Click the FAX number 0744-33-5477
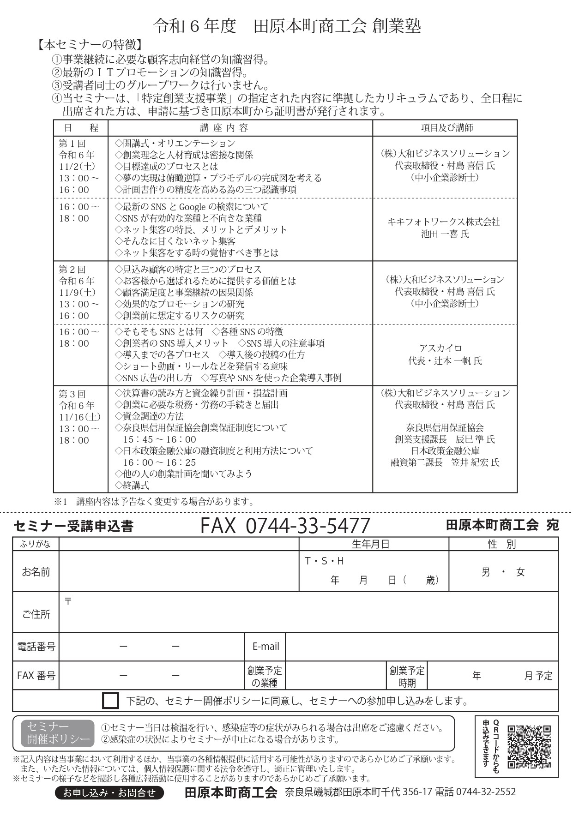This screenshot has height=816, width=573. pos(285,525)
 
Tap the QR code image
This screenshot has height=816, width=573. pos(529,746)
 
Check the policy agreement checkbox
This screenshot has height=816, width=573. pos(110,701)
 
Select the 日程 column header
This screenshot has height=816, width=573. pos(81,128)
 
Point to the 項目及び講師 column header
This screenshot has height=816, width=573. pos(445,128)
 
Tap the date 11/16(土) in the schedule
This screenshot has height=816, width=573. pos(79,417)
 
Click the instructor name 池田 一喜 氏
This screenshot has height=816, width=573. pos(445,234)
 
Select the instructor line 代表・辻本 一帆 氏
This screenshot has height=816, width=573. pos(445,360)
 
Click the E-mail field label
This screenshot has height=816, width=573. pos(265,646)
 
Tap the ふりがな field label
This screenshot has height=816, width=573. pos(36,544)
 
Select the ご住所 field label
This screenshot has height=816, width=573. pos(36,614)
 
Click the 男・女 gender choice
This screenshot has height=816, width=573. pos(503,572)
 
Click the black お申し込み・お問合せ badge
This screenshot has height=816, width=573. pos(109,792)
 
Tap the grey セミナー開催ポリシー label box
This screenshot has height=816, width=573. pos(58,733)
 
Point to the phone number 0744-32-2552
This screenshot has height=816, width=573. pos(486,792)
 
